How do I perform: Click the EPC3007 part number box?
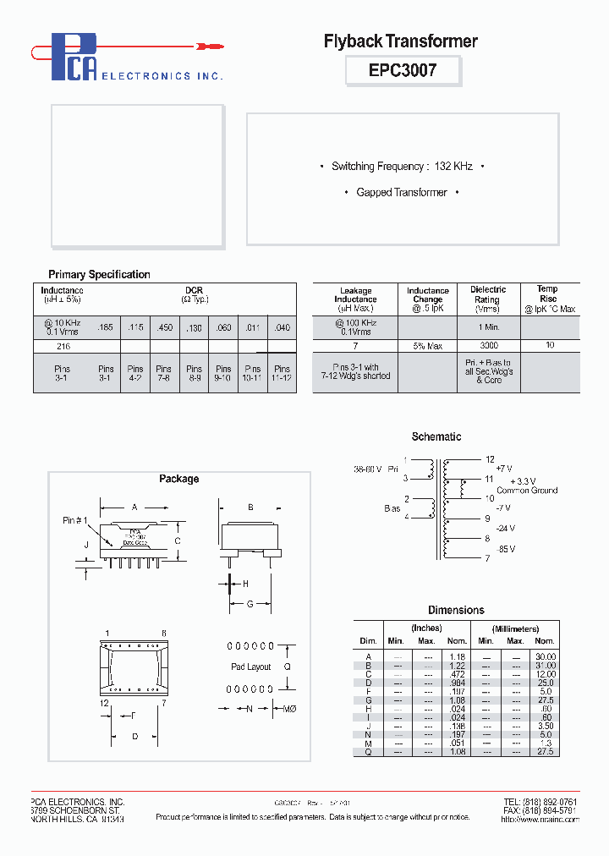click(x=403, y=70)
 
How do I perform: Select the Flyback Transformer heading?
click(x=401, y=41)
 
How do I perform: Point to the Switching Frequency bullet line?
click(x=402, y=167)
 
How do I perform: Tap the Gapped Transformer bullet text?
click(x=402, y=192)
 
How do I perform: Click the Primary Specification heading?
click(x=99, y=274)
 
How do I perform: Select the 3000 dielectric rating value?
click(x=488, y=345)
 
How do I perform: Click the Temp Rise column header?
click(x=548, y=294)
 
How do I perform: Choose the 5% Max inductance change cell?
click(x=428, y=345)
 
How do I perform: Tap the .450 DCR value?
click(x=164, y=327)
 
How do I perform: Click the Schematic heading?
click(x=436, y=436)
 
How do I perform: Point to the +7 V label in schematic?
click(x=505, y=467)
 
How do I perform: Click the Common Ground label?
click(x=527, y=490)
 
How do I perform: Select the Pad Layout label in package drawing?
click(x=251, y=667)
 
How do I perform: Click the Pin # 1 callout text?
click(x=75, y=519)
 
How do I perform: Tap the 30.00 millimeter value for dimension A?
click(x=546, y=656)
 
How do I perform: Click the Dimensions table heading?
click(x=456, y=610)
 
